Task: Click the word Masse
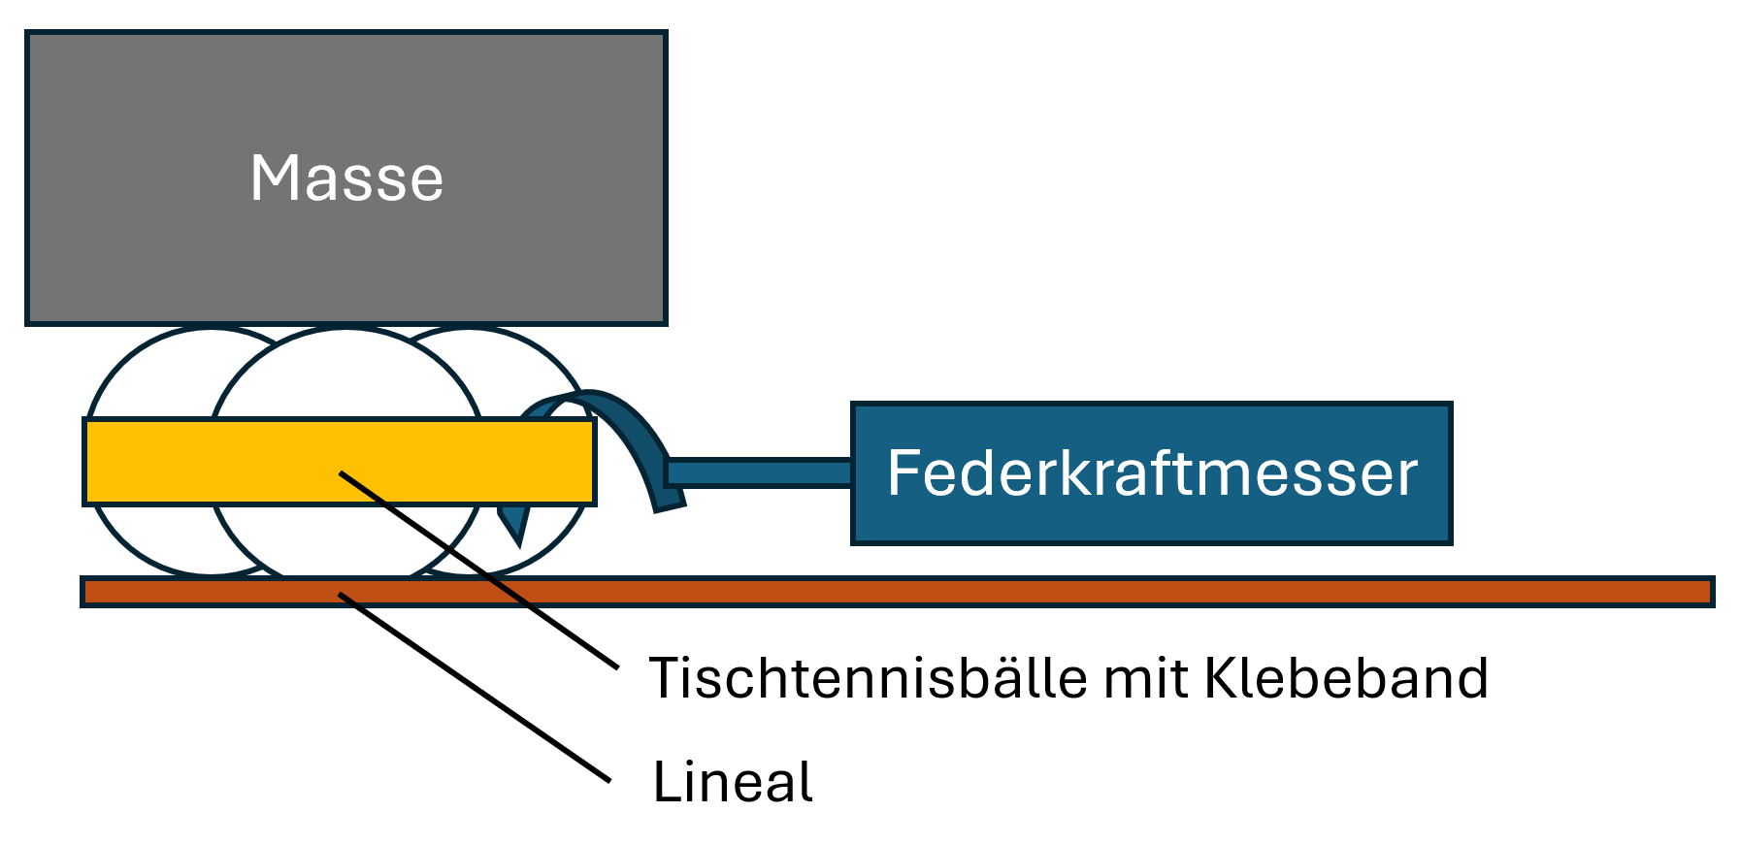[x=346, y=179]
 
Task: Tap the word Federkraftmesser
[x=1152, y=473]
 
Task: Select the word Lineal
[x=733, y=782]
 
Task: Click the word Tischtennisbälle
[x=869, y=677]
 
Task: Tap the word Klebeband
[x=1346, y=677]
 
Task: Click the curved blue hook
[x=631, y=427]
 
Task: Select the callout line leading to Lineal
[x=476, y=688]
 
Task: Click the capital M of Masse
[x=273, y=179]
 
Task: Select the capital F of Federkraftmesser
[x=903, y=473]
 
